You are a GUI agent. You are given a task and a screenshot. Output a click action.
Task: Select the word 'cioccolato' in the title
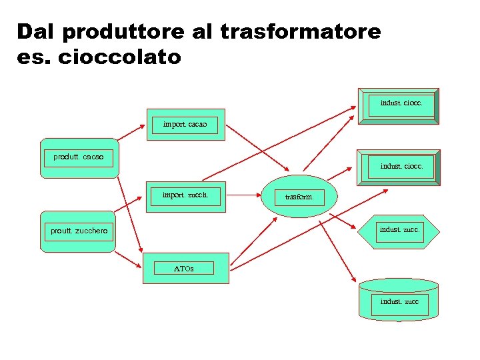(120, 57)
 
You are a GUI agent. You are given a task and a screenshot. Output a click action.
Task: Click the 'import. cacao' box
(185, 125)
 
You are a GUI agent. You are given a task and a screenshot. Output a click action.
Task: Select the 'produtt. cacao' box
(79, 158)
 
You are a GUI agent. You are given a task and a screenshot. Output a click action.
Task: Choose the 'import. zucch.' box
(185, 196)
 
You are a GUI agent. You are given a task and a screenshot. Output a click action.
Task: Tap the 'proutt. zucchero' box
(79, 231)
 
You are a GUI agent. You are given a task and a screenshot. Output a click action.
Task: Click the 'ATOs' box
(185, 268)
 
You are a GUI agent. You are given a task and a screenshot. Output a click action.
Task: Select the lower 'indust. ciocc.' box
(399, 167)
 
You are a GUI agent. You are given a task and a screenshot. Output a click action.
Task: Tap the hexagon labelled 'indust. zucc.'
(399, 231)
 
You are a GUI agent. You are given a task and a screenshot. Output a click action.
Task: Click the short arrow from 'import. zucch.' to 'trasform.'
(246, 196)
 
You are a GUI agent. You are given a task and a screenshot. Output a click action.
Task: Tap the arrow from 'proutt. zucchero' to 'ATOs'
(129, 259)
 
